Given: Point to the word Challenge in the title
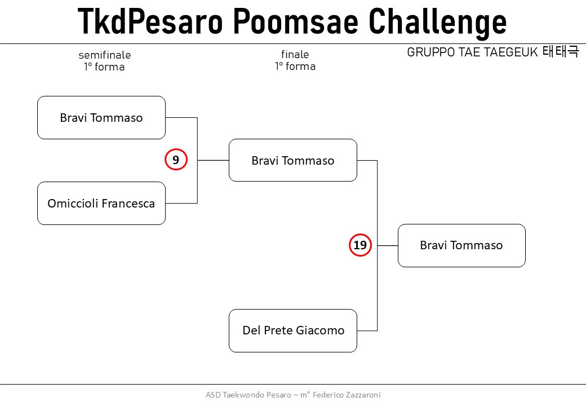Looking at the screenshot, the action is pyautogui.click(x=437, y=22).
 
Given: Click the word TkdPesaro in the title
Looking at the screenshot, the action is pyautogui.click(x=150, y=21).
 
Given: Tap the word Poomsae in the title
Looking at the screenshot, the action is pyautogui.click(x=296, y=21).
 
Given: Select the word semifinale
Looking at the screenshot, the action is pyautogui.click(x=105, y=55).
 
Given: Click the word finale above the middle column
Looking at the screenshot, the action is pyautogui.click(x=295, y=54).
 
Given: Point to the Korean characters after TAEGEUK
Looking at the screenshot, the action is pyautogui.click(x=561, y=51).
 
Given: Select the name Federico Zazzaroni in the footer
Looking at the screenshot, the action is pyautogui.click(x=347, y=395).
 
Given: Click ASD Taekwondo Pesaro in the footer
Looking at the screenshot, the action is pyautogui.click(x=248, y=395).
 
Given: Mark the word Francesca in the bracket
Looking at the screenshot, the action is pyautogui.click(x=128, y=204).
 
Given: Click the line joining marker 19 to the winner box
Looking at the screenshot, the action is pyautogui.click(x=388, y=246).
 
